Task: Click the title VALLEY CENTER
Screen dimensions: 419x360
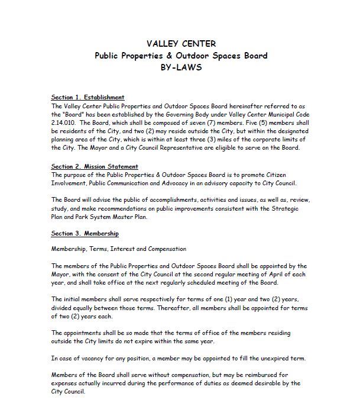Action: [181, 44]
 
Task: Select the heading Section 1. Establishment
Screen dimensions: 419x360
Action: [87, 97]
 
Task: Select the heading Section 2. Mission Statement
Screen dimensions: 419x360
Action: [95, 167]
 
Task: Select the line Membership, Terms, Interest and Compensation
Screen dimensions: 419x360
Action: [119, 249]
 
